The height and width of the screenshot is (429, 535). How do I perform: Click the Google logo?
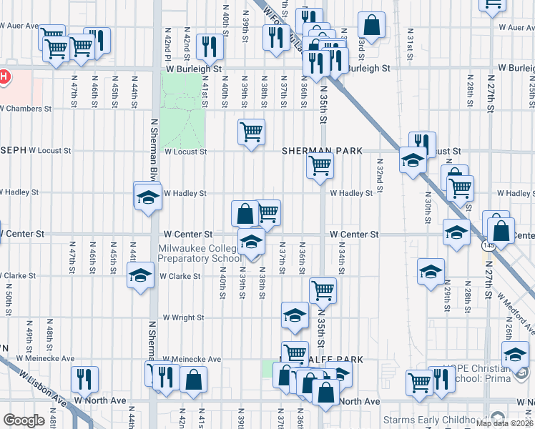coord(24,420)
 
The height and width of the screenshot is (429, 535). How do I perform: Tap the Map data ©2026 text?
coord(505,423)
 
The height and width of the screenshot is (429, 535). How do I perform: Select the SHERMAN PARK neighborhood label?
coord(322,151)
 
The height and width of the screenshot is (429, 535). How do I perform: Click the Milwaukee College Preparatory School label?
coord(199,253)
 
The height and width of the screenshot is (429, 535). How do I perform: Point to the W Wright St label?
coord(184,317)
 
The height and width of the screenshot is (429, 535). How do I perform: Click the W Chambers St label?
coord(26,109)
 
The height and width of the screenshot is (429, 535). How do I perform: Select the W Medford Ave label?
coord(516,314)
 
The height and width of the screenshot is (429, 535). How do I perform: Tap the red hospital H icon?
coord(4,76)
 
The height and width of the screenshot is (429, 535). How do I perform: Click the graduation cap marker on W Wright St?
coord(295,315)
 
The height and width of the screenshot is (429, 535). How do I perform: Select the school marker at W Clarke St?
coord(141,274)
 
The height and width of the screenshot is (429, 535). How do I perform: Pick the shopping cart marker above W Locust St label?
coord(251,132)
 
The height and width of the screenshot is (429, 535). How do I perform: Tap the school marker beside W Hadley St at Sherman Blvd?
coord(148,197)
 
